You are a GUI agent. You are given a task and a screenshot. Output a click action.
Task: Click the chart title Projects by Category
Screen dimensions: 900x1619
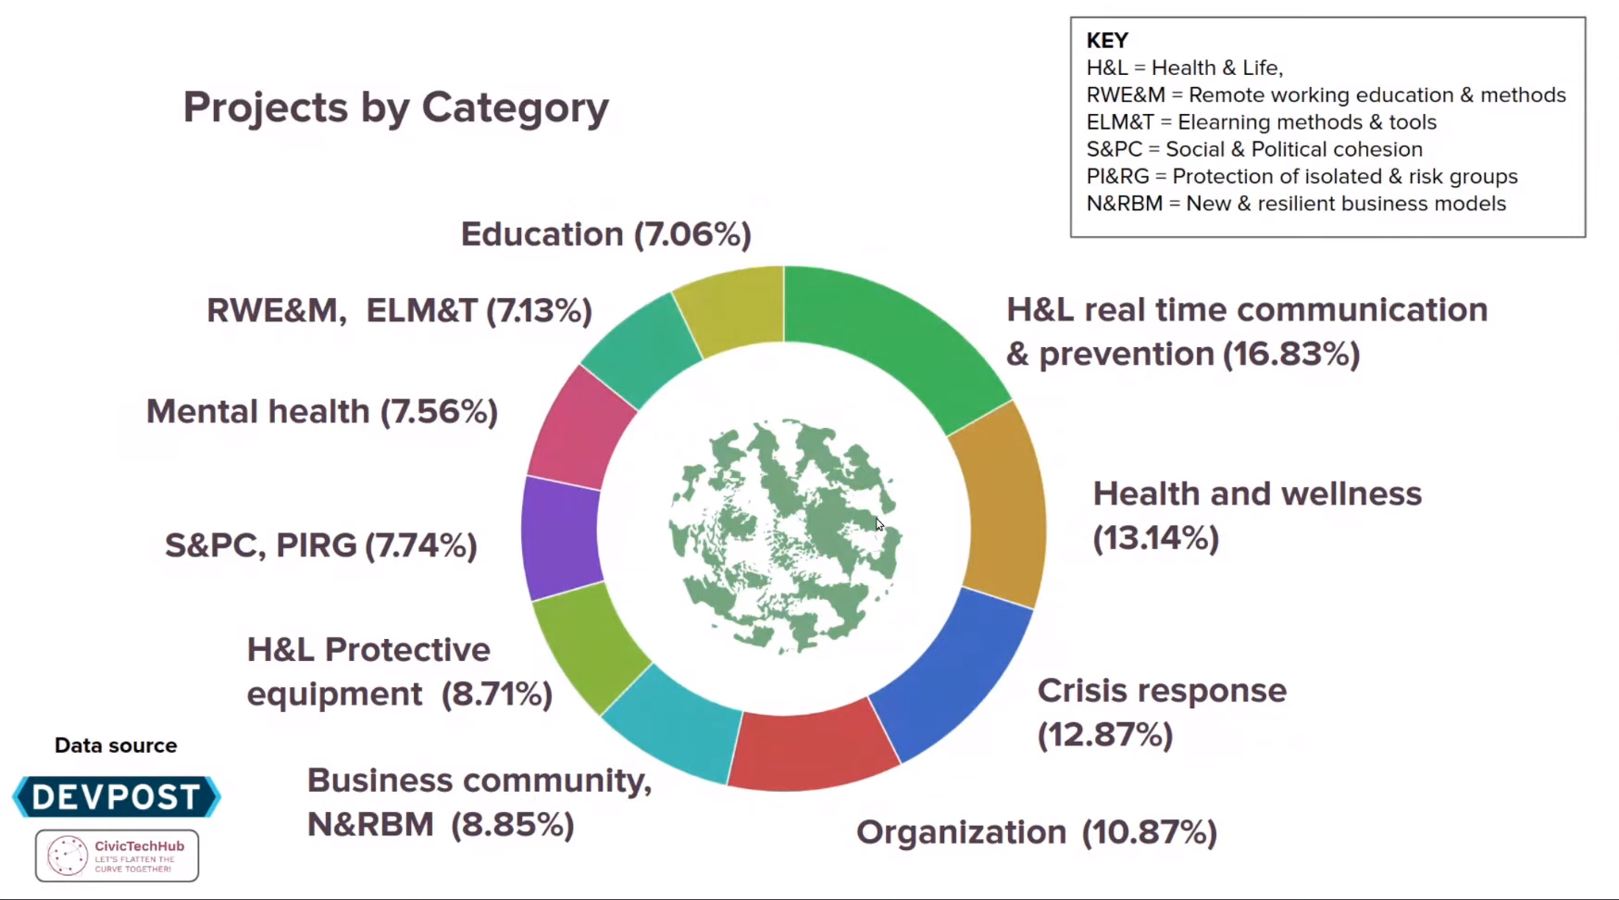tap(395, 107)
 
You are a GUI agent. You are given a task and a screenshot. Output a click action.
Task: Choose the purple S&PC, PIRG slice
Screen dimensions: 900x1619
tap(561, 537)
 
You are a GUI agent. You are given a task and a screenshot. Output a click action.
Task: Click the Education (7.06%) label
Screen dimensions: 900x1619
tap(605, 234)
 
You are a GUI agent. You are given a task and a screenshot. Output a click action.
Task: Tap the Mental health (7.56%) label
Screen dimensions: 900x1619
tap(322, 411)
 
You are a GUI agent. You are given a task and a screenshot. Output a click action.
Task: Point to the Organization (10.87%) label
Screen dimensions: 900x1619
tap(1036, 832)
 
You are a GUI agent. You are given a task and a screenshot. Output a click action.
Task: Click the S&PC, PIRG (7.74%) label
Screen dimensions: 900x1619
tap(321, 545)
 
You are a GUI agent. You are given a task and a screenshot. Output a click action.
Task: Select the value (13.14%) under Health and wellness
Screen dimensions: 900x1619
tap(1155, 538)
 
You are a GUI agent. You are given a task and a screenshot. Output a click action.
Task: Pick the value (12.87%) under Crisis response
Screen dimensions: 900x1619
tap(1105, 735)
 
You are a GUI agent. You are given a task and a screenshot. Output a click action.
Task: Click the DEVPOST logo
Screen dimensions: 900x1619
tap(117, 796)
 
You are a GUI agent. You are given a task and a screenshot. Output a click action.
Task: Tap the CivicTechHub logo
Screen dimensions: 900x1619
tap(117, 856)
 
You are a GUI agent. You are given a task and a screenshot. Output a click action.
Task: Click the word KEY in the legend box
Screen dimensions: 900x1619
tap(1107, 41)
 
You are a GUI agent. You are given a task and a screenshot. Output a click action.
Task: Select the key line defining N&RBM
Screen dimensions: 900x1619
tap(1296, 204)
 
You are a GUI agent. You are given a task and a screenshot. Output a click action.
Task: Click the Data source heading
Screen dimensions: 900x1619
tap(116, 745)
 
